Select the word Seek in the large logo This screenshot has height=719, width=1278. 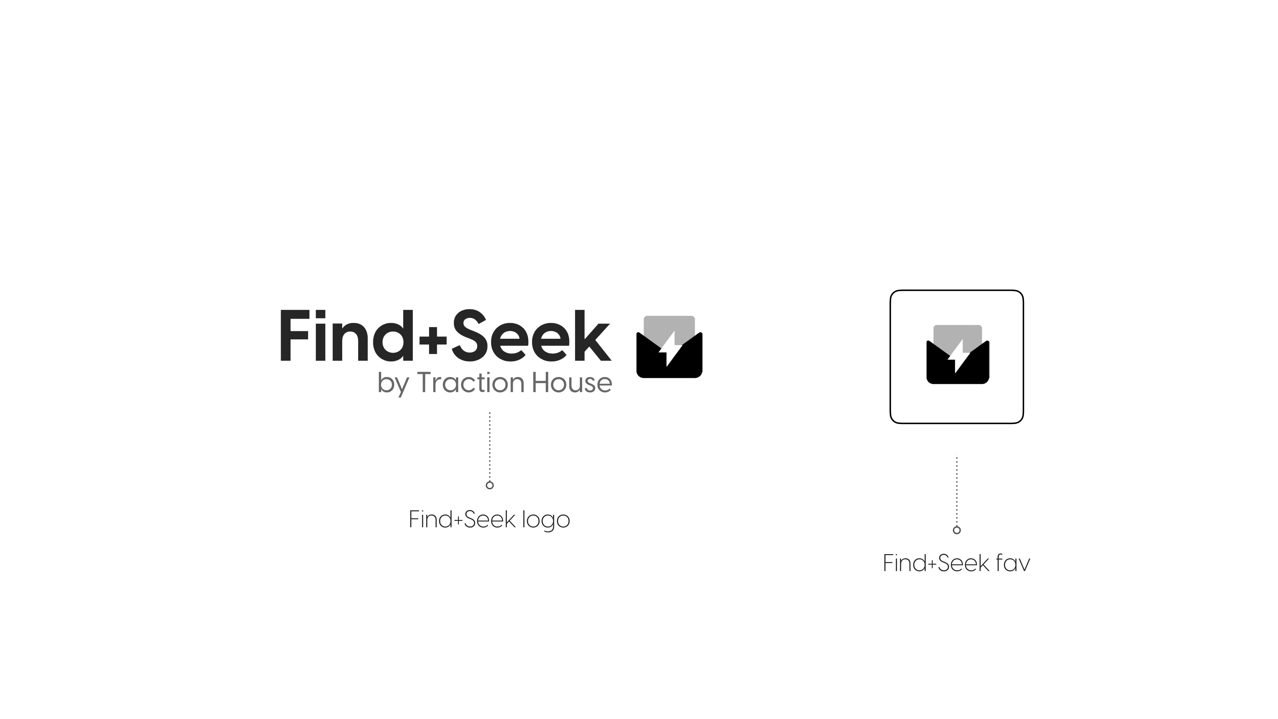(530, 336)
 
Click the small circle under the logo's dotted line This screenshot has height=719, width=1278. (490, 485)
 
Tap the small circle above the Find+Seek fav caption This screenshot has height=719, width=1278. (957, 530)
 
